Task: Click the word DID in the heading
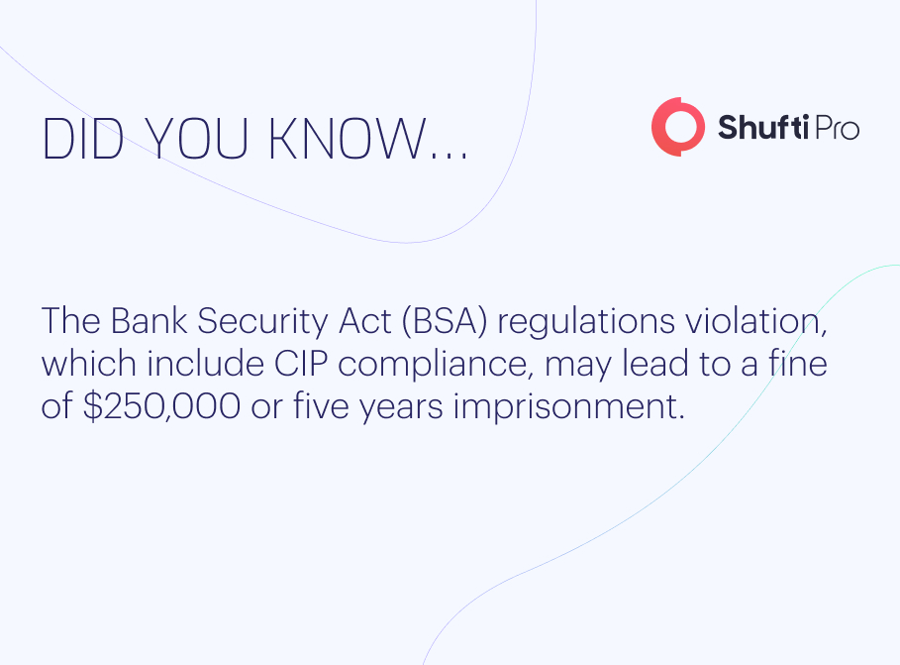tap(82, 139)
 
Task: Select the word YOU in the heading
tap(197, 139)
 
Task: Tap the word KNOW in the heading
tap(347, 139)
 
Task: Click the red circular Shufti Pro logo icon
tap(678, 127)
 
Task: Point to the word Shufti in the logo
tap(763, 127)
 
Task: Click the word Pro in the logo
tap(837, 128)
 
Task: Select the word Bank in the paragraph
tap(149, 321)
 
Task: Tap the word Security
tap(263, 322)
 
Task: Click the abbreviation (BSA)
tap(445, 321)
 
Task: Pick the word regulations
tap(586, 322)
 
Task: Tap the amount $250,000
tap(161, 406)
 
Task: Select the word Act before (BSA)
tap(365, 321)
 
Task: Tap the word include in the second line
tap(205, 364)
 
